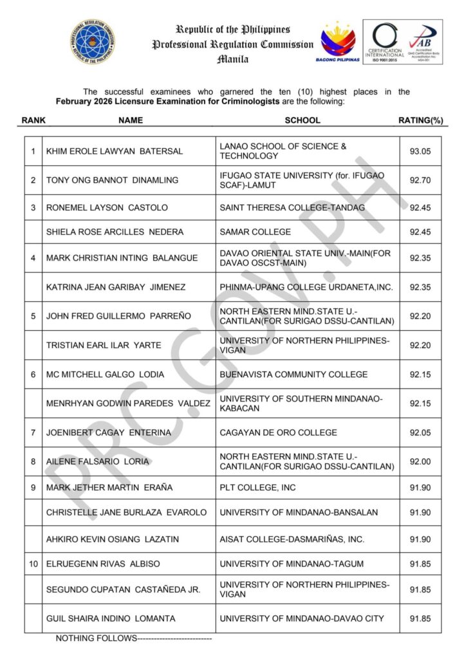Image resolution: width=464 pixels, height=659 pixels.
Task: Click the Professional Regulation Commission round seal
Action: pyautogui.click(x=93, y=42)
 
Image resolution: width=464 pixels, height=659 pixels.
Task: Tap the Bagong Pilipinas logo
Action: pyautogui.click(x=339, y=42)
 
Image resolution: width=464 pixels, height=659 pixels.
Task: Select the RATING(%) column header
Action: pyautogui.click(x=421, y=120)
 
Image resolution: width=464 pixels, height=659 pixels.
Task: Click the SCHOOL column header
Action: pyautogui.click(x=302, y=120)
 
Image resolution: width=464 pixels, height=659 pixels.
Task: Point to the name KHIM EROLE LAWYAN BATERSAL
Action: pyautogui.click(x=115, y=151)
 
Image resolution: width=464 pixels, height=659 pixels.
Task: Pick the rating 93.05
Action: pyautogui.click(x=420, y=151)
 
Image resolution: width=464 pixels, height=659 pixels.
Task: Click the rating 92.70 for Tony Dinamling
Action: pyautogui.click(x=420, y=180)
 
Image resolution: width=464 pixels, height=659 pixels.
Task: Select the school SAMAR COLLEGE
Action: pyautogui.click(x=255, y=232)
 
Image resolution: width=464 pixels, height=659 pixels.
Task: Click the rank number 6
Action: pyautogui.click(x=33, y=375)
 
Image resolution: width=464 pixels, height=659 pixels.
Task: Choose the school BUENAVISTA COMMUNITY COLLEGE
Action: pyautogui.click(x=293, y=375)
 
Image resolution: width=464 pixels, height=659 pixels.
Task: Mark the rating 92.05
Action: pyautogui.click(x=420, y=432)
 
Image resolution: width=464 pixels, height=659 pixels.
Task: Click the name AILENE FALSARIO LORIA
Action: pyautogui.click(x=98, y=461)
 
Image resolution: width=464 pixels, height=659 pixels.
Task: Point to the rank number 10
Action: pyautogui.click(x=33, y=564)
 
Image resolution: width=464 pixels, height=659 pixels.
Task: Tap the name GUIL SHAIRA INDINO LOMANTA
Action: pyautogui.click(x=111, y=618)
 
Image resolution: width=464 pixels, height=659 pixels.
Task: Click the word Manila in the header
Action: pyautogui.click(x=232, y=59)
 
